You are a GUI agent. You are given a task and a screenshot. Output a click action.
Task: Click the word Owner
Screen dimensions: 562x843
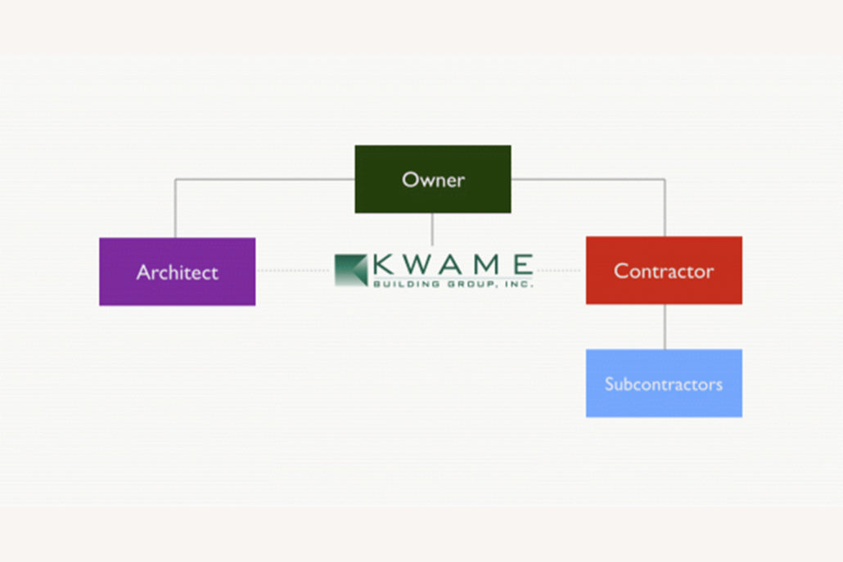coord(433,179)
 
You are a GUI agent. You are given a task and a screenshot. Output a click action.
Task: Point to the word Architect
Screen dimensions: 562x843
coord(177,272)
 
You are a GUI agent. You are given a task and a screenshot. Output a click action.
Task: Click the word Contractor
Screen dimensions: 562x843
coord(664,270)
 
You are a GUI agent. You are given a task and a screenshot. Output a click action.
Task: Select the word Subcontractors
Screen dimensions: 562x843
coord(664,384)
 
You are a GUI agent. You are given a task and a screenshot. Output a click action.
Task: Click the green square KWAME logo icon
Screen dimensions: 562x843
coord(351,270)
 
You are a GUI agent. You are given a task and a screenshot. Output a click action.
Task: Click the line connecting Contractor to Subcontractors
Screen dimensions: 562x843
coord(665,326)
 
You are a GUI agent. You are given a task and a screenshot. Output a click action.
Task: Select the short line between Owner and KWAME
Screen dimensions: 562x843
coord(433,229)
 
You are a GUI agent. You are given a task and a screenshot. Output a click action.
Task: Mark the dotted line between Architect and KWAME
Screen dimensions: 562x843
coord(295,271)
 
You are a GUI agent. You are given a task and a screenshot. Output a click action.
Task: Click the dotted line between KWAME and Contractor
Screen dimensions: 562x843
coord(560,270)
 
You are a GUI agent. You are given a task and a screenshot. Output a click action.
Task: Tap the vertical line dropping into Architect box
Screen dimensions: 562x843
coord(175,209)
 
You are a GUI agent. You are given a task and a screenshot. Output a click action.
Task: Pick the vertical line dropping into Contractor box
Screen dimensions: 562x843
coord(665,208)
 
